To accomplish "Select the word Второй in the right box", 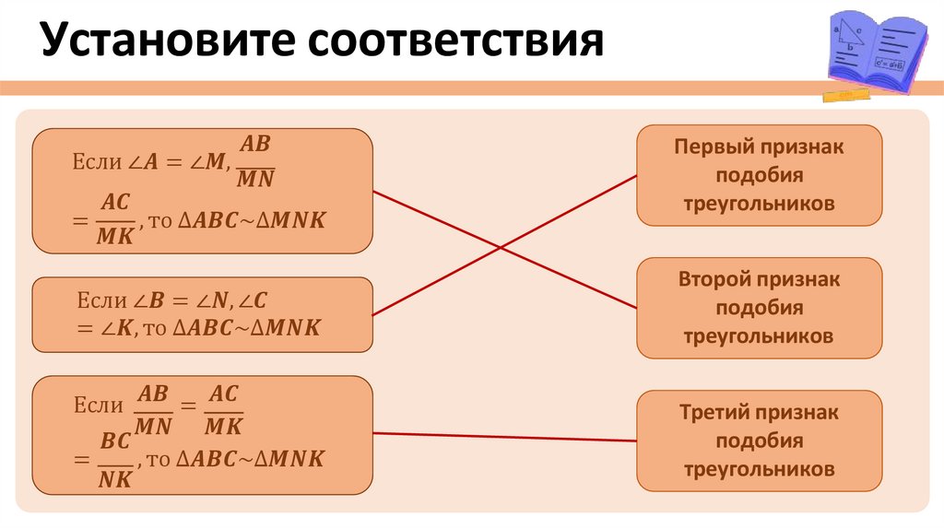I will tap(714, 279).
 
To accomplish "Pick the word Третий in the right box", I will tap(714, 413).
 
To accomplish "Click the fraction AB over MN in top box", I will tap(255, 161).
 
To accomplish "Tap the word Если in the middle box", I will tap(96, 300).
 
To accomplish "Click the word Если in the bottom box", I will tap(96, 406).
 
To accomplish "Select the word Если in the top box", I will tap(96, 161).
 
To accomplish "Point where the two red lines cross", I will tap(501, 247).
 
